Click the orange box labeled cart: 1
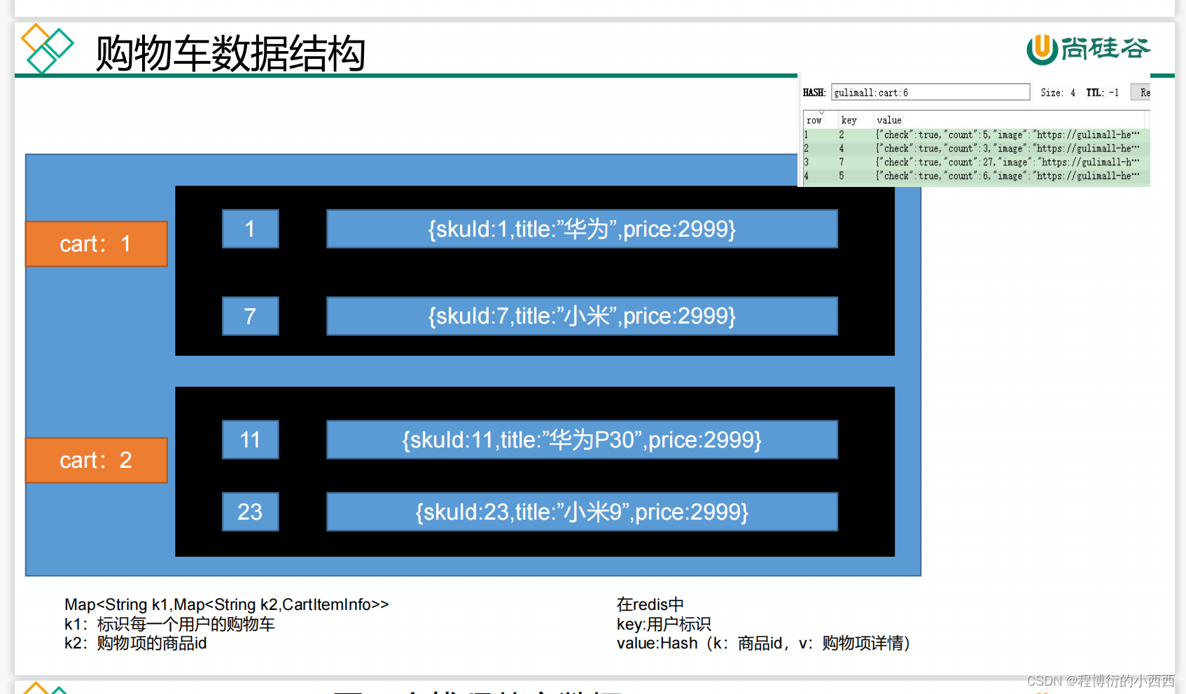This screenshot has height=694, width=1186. (96, 244)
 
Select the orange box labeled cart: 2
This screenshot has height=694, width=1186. (96, 460)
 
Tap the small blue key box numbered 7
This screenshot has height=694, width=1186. (250, 316)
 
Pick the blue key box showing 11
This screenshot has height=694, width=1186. (250, 440)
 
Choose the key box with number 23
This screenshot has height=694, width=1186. (250, 512)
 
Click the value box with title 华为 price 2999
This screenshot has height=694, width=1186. (582, 229)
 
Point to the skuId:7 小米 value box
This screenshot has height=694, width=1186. (582, 316)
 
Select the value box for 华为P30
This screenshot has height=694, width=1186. (582, 440)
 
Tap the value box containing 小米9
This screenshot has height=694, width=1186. (582, 512)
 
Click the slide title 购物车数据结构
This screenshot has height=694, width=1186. (230, 53)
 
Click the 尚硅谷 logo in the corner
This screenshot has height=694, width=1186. (1089, 49)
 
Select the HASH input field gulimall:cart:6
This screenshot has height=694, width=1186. (930, 92)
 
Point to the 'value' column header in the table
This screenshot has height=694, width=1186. (889, 120)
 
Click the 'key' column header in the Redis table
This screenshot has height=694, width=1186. (849, 120)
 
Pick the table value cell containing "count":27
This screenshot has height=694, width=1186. (1007, 162)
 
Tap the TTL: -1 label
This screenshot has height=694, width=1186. (1102, 92)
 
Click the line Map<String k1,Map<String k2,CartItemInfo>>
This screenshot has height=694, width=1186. (226, 604)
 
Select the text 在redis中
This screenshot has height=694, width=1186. (650, 604)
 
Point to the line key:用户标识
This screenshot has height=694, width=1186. (663, 624)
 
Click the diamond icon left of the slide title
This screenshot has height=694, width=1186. (47, 48)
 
